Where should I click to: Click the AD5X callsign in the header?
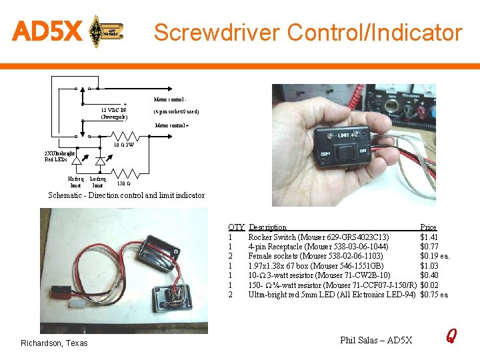[x=47, y=31]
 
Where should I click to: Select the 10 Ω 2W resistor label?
[x=123, y=145]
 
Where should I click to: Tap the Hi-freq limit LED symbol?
[x=77, y=161]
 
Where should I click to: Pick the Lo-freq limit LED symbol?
[x=101, y=161]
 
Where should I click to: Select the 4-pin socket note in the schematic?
[x=176, y=111]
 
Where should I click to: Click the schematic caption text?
[x=127, y=195]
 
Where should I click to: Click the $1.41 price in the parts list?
[x=429, y=237]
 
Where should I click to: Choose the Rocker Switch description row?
[x=319, y=237]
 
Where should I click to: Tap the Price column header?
[x=429, y=227]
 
